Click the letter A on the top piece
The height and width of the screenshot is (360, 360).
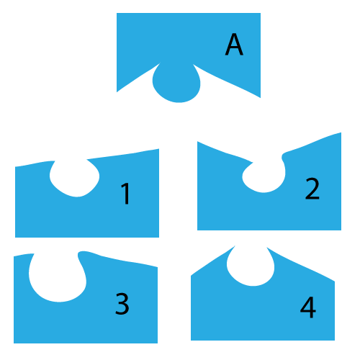pyautogui.click(x=234, y=45)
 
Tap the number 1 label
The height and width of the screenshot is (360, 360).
pyautogui.click(x=125, y=194)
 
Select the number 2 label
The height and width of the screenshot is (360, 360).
pyautogui.click(x=312, y=189)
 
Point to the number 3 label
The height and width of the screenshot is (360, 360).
pyautogui.click(x=122, y=304)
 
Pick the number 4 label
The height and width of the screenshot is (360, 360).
pyautogui.click(x=308, y=307)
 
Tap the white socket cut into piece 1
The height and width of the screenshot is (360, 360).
pyautogui.click(x=75, y=178)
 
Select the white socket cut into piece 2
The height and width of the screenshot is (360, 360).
pyautogui.click(x=265, y=176)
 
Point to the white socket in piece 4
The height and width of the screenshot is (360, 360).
pyautogui.click(x=251, y=266)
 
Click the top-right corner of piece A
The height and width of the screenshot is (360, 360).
pyautogui.click(x=261, y=13)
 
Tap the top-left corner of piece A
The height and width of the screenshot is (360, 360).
pyautogui.click(x=117, y=13)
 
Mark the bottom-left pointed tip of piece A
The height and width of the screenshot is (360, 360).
pyautogui.click(x=117, y=92)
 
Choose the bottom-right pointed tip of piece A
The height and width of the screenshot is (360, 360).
pyautogui.click(x=261, y=98)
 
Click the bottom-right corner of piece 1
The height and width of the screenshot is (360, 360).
pyautogui.click(x=159, y=237)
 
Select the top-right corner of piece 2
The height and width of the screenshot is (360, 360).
pyautogui.click(x=341, y=132)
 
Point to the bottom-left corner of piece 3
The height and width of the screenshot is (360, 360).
pyautogui.click(x=14, y=343)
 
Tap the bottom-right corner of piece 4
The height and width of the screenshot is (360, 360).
pyautogui.click(x=335, y=340)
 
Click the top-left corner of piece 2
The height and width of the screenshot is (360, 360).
pyautogui.click(x=197, y=142)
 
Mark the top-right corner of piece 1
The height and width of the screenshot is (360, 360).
pyautogui.click(x=159, y=149)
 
